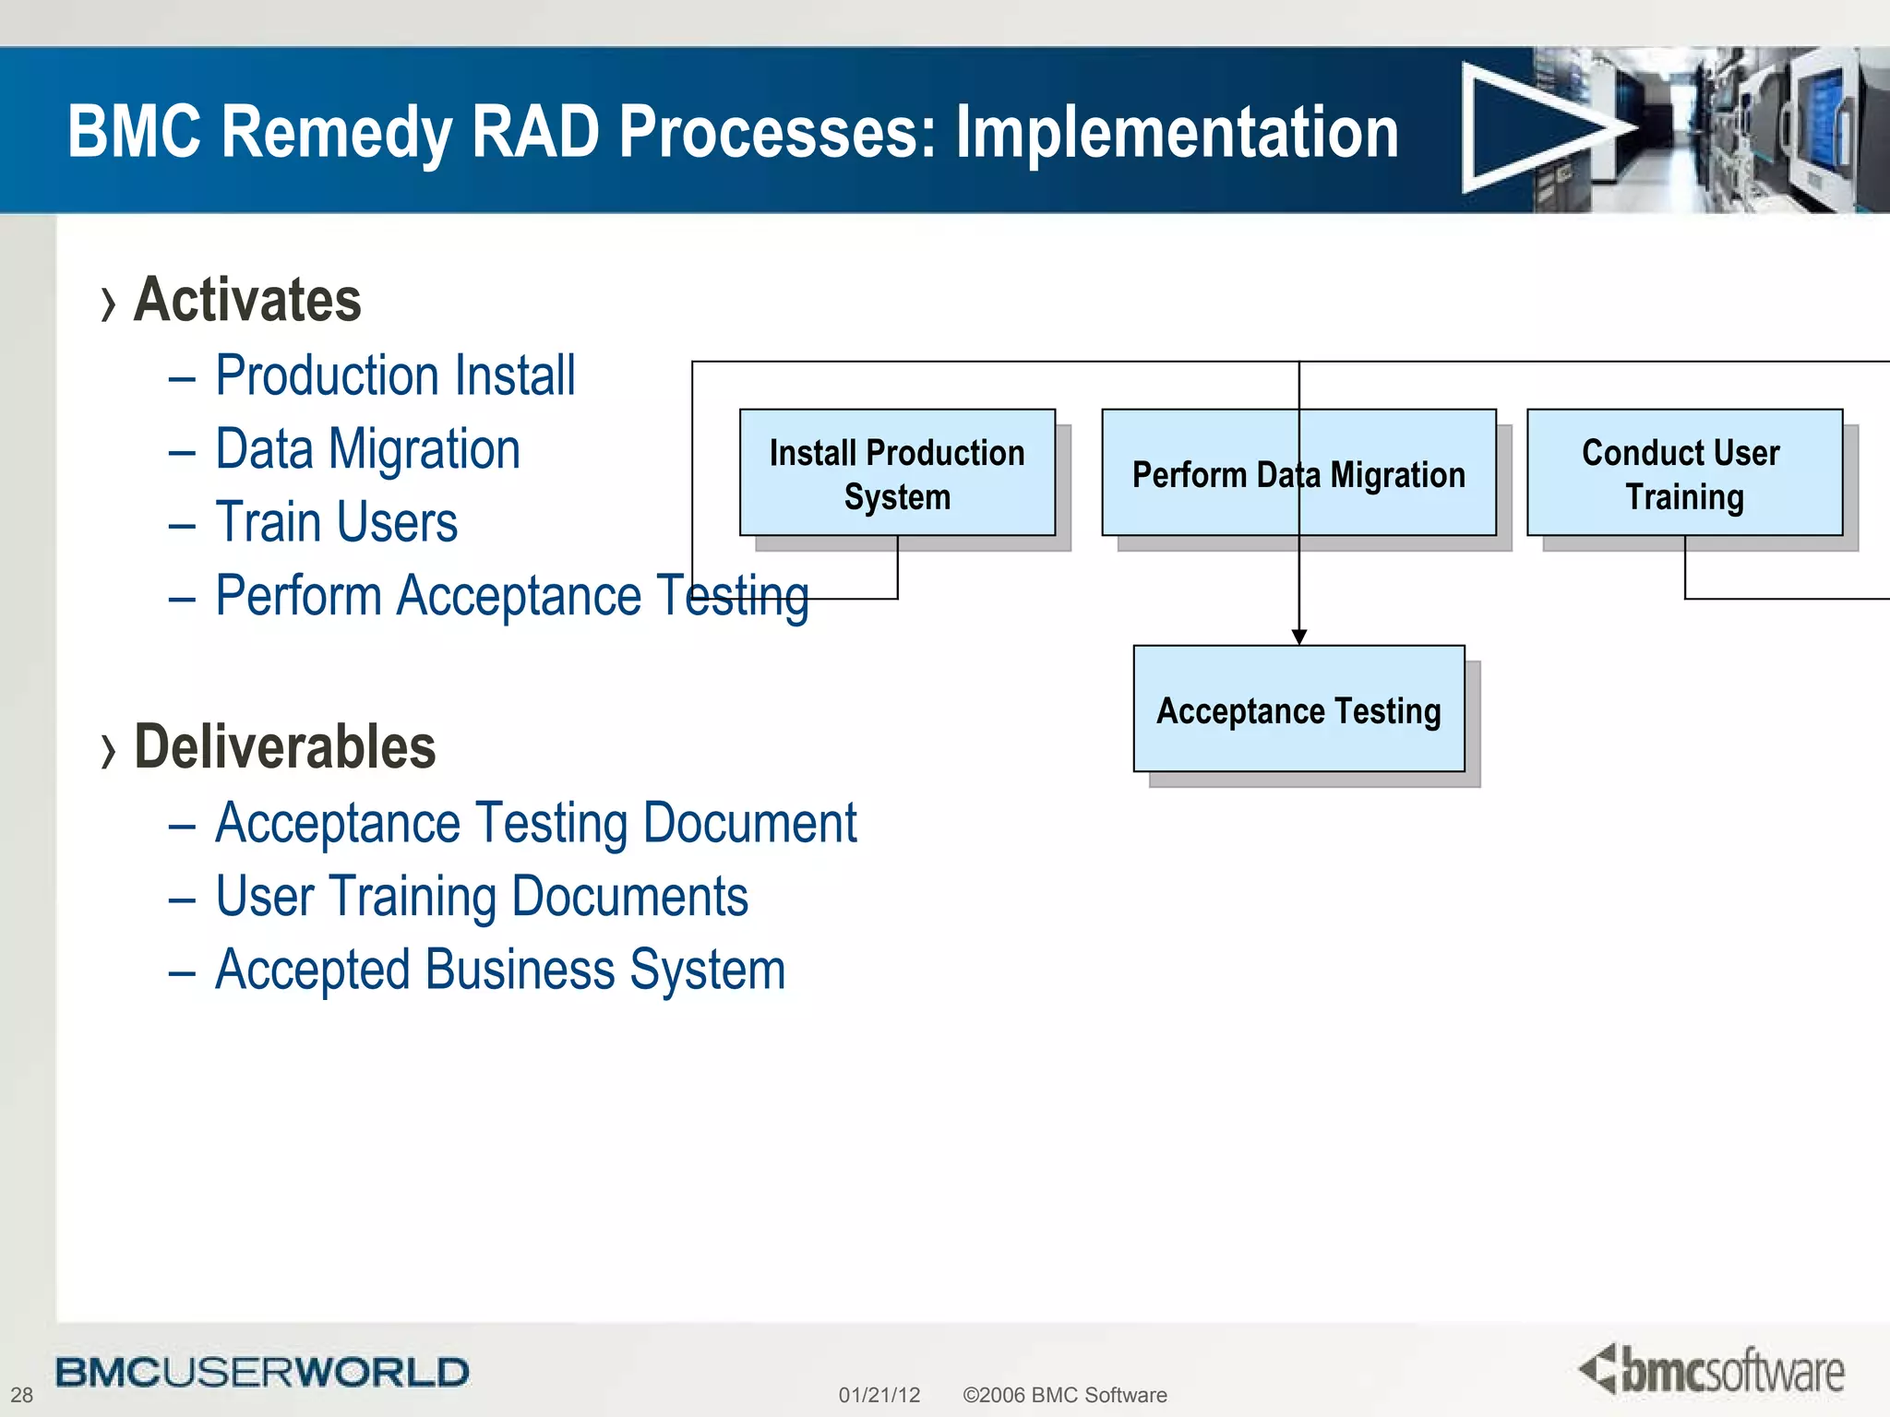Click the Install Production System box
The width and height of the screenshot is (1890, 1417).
coord(897,473)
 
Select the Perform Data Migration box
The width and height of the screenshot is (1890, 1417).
coord(1298,473)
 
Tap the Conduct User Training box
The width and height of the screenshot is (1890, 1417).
coord(1684,473)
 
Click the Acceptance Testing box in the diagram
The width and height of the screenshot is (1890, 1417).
coord(1298,709)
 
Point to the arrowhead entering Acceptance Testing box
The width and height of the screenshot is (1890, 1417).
coord(1299,637)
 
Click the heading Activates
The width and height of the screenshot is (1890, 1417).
coord(247,300)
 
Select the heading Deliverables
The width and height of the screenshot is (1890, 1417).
coord(284,746)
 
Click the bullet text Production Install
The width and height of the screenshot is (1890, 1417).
coord(395,375)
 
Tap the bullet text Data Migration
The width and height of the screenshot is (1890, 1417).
coord(367,449)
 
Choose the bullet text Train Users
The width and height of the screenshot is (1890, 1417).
coord(336,522)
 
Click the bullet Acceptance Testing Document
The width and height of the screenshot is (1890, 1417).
coord(535,823)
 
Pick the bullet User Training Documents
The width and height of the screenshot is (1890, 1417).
coord(481,897)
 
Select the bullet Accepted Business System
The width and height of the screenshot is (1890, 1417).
coord(499,970)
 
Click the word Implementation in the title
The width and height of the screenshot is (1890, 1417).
coord(1177,131)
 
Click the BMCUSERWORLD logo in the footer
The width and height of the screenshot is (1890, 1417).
coord(262,1372)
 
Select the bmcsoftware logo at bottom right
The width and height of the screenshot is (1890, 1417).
coord(1712,1370)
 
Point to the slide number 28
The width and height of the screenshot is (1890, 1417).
coord(21,1395)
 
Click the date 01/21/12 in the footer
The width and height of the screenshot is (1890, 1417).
coord(879,1395)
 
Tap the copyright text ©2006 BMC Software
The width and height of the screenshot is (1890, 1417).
coord(1064,1395)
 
